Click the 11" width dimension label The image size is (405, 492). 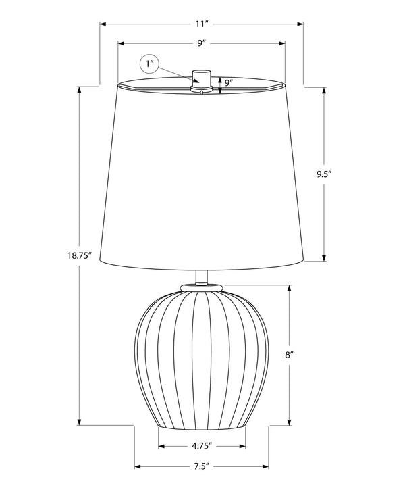pos(201,24)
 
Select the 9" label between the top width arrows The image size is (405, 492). pos(201,43)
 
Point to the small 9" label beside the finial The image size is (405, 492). pos(229,83)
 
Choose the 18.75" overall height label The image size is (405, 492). pos(79,255)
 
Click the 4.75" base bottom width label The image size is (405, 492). pos(201,446)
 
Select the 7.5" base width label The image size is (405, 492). pos(201,466)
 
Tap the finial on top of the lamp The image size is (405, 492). pos(201,77)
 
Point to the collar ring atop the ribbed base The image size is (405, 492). pos(201,287)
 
